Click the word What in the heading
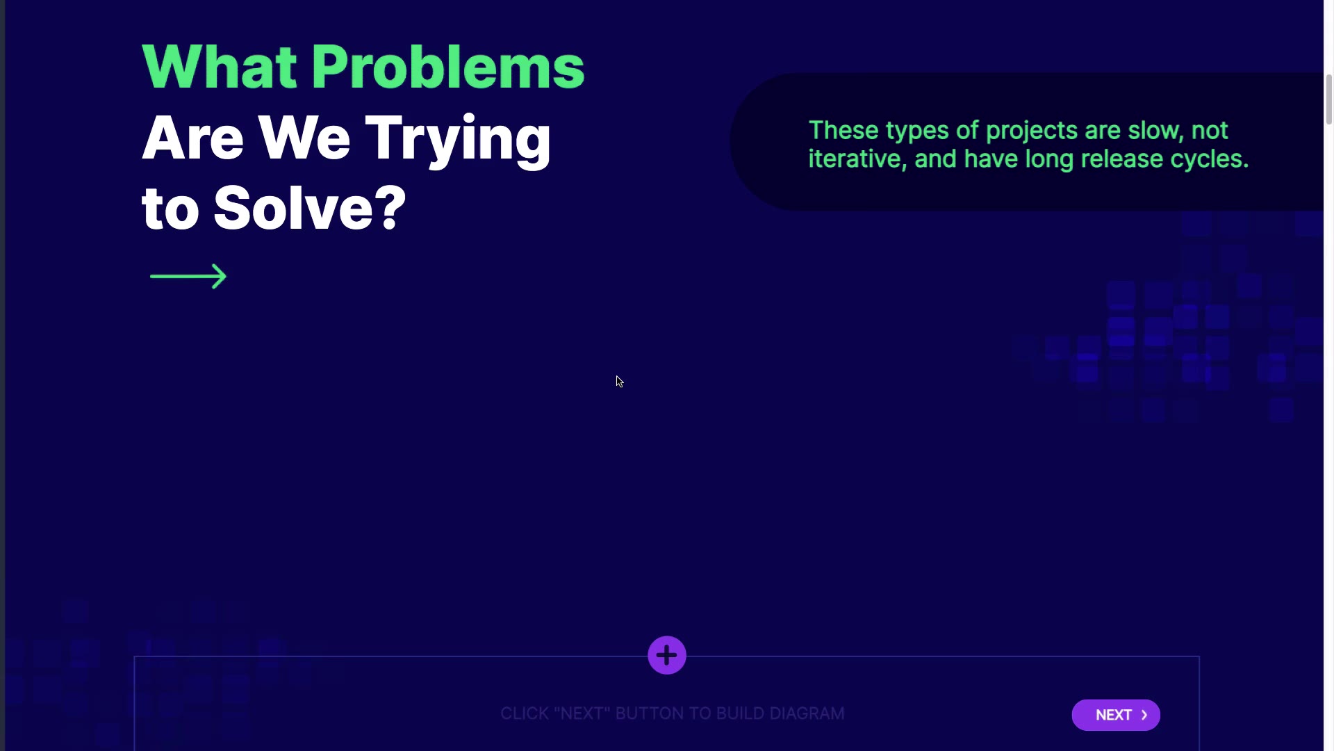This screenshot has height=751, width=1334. (220, 67)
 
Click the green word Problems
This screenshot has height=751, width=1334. (447, 67)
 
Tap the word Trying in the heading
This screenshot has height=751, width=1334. (458, 140)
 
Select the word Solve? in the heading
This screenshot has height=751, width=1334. (310, 207)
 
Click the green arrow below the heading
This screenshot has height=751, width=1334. (188, 276)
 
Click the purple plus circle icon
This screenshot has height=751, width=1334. (667, 655)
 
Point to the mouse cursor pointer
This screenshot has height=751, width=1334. (620, 382)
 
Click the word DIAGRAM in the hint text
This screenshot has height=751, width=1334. (807, 714)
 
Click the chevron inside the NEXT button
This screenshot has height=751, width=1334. (1144, 715)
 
